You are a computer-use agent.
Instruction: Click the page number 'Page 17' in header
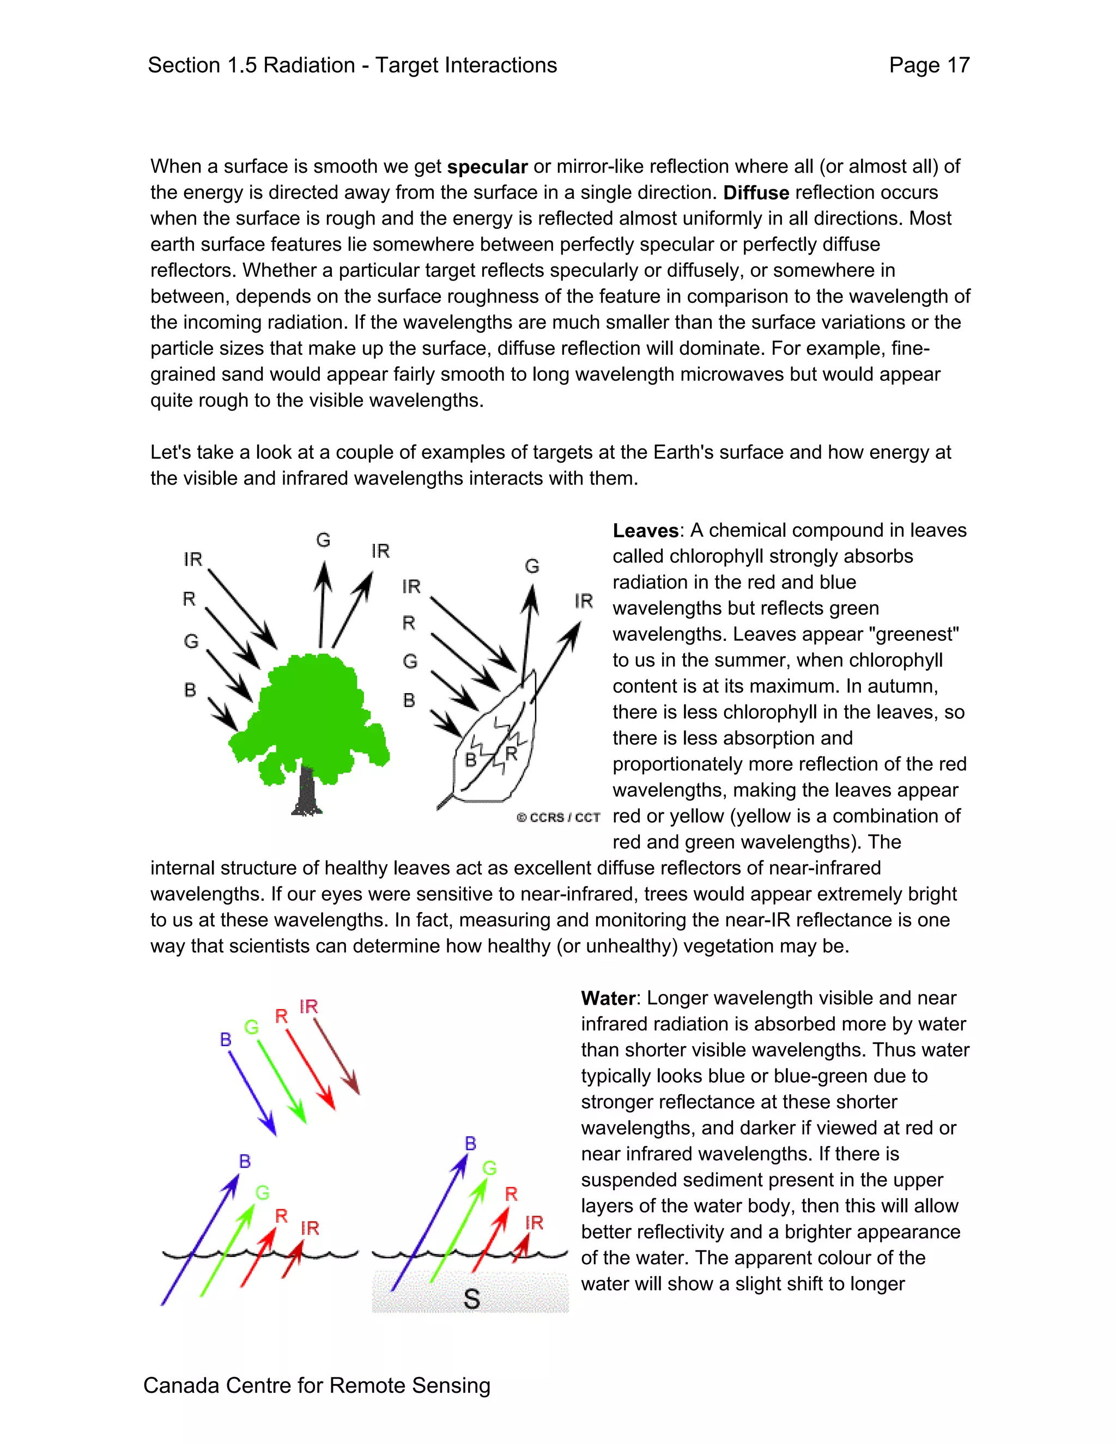pos(929,65)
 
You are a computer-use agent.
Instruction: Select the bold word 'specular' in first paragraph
pos(487,167)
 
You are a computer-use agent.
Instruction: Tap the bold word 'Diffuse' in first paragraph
pos(756,193)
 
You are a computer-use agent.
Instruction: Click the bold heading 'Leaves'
pos(645,531)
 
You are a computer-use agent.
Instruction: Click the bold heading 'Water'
pos(608,998)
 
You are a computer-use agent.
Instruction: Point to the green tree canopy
pos(311,714)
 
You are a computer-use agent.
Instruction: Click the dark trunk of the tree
pos(306,790)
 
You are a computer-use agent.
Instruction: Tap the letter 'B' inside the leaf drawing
pos(471,760)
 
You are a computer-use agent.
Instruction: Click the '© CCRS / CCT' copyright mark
pos(558,818)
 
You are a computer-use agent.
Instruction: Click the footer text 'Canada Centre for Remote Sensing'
pos(317,1385)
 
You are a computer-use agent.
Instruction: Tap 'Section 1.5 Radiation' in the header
pos(251,65)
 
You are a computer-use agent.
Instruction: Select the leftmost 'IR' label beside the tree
pos(192,560)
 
